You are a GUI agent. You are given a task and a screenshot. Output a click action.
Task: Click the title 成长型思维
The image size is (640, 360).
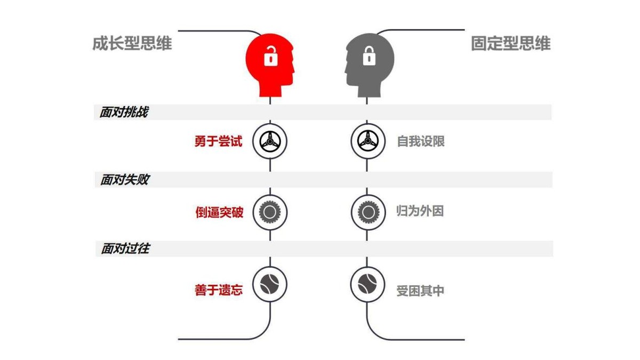(132, 43)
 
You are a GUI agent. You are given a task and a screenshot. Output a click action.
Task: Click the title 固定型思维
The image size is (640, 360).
(510, 43)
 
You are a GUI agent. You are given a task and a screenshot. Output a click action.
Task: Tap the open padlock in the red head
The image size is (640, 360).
(271, 55)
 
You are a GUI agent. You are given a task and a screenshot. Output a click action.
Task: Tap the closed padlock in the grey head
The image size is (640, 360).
(369, 55)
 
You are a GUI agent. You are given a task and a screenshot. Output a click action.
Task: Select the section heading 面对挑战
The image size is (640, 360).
(124, 113)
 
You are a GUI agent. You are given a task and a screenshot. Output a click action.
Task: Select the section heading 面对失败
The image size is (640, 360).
(124, 180)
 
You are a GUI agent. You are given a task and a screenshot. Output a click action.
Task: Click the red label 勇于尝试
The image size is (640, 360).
(218, 141)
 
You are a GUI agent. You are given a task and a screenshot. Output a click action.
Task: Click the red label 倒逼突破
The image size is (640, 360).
(219, 212)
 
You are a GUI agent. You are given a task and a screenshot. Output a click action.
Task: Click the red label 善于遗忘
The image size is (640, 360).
(219, 290)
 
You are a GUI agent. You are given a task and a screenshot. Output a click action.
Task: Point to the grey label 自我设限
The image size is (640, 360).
(421, 141)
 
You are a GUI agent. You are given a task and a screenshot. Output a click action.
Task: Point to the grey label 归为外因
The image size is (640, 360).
(420, 211)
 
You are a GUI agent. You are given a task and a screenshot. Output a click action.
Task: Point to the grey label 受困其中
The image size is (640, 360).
(420, 291)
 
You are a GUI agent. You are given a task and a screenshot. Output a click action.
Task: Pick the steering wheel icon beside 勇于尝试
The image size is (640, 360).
(270, 141)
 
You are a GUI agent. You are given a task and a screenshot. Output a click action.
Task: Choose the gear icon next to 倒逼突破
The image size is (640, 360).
(270, 212)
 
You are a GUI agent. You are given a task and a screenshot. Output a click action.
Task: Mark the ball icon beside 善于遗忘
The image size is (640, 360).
(270, 284)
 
